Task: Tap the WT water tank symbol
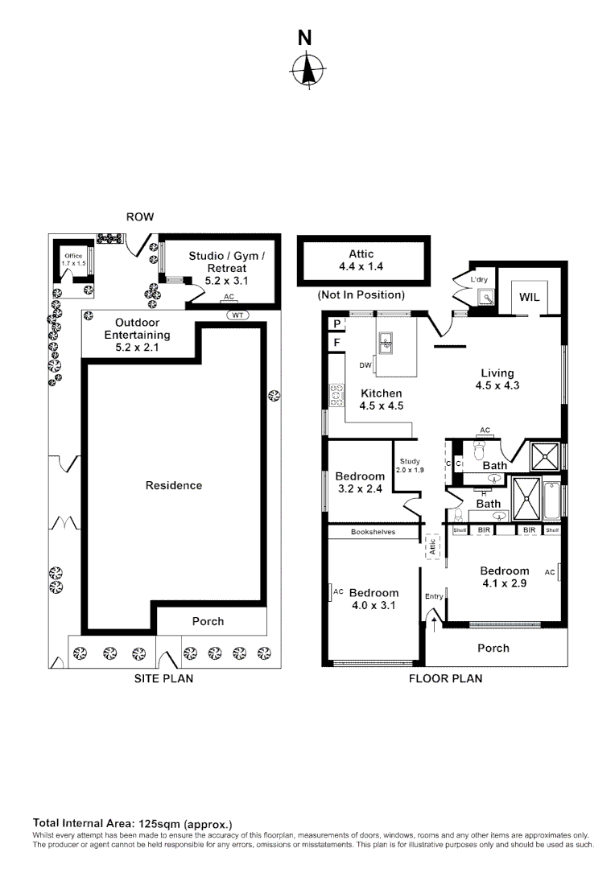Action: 237,315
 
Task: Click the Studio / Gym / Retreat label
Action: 225,268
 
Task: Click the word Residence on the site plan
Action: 174,485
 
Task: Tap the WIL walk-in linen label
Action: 529,297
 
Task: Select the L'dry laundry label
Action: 480,280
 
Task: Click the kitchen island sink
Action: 386,341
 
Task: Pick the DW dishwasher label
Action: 365,364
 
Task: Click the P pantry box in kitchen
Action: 335,323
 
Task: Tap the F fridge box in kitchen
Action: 335,343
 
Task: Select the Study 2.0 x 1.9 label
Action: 409,466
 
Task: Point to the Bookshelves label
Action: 373,532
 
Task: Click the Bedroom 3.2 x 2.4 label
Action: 360,482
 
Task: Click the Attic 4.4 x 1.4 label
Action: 361,259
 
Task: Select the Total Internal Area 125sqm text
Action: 132,823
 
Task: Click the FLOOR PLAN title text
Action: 445,678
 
